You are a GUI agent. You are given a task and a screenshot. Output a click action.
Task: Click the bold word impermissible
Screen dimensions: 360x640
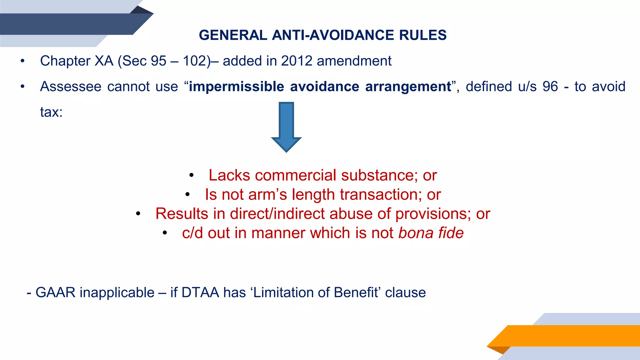pos(236,87)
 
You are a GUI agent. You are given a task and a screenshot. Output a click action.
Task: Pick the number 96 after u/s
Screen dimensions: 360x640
pos(550,87)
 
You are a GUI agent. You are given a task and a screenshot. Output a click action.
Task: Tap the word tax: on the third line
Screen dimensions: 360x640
pos(51,112)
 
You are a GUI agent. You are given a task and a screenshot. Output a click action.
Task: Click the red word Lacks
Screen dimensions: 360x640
pos(229,175)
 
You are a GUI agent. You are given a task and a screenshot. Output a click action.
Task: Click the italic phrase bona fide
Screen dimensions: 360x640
pos(431,233)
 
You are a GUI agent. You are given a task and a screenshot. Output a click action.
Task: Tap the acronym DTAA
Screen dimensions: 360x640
pos(200,293)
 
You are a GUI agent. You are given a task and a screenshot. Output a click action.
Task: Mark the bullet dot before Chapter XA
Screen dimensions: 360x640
pos(22,61)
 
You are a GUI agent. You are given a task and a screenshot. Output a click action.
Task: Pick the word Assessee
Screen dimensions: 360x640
pos(71,87)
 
